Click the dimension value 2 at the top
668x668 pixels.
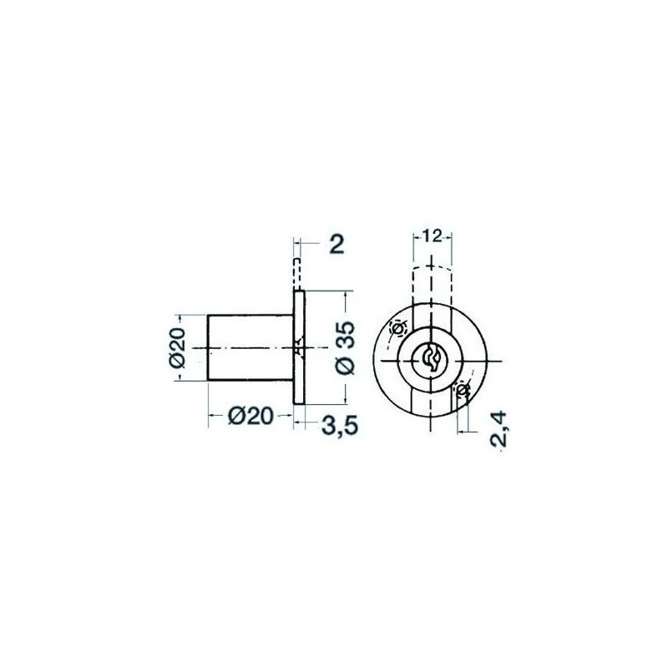click(x=337, y=245)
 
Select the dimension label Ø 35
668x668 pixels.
click(x=345, y=347)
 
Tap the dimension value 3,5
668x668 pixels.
click(x=340, y=425)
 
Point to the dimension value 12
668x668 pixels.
click(x=433, y=235)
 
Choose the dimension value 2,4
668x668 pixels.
click(x=498, y=428)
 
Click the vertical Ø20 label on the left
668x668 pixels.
click(x=177, y=347)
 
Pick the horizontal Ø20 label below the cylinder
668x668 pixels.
click(x=250, y=416)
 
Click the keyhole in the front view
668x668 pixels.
click(x=431, y=360)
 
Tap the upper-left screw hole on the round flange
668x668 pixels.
click(x=398, y=328)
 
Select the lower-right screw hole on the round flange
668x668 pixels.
click(x=463, y=389)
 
